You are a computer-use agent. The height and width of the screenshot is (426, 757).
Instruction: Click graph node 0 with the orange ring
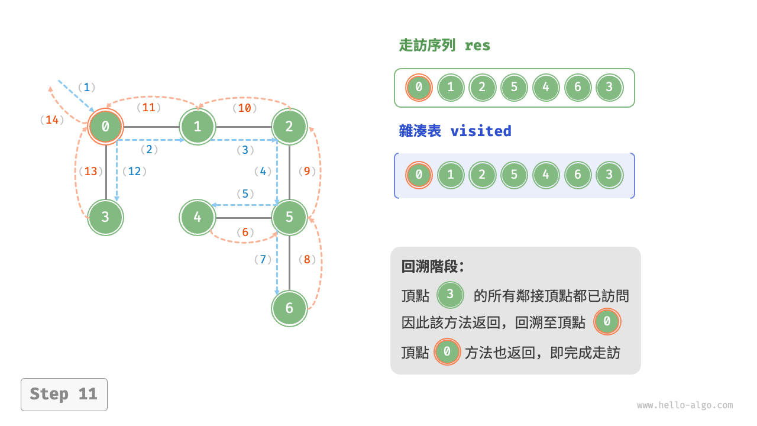point(106,127)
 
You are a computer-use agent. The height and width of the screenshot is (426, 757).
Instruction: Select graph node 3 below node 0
point(106,217)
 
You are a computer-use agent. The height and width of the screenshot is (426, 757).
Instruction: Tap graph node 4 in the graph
point(198,217)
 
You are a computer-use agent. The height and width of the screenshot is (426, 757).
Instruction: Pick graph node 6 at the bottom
point(289,308)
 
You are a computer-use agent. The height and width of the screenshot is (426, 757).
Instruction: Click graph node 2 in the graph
point(289,127)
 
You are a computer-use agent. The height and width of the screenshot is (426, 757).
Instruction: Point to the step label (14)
point(53,120)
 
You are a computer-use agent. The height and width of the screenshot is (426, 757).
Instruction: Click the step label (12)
point(134,172)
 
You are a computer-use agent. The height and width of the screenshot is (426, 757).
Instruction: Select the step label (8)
point(308,259)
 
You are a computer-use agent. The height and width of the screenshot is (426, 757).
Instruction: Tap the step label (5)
point(245,193)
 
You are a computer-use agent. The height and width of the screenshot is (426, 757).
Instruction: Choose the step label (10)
point(244,108)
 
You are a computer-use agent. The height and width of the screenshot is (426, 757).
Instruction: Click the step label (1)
point(86,88)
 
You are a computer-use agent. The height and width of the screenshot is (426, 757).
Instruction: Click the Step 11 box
point(64,394)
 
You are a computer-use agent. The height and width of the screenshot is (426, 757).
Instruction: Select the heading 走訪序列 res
point(444,46)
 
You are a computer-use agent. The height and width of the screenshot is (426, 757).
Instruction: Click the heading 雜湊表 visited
point(455,131)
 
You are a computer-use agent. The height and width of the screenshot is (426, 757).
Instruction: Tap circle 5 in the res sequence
point(514,88)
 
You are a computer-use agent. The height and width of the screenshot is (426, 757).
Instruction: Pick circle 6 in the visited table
point(578,175)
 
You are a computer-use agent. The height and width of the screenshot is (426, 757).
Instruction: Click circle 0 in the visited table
point(419,175)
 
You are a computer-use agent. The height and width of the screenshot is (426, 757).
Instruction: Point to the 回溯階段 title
point(433,266)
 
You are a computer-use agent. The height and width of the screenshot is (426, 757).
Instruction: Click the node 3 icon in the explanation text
point(451,295)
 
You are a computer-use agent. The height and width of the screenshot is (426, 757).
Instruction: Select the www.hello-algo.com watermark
point(685,405)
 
